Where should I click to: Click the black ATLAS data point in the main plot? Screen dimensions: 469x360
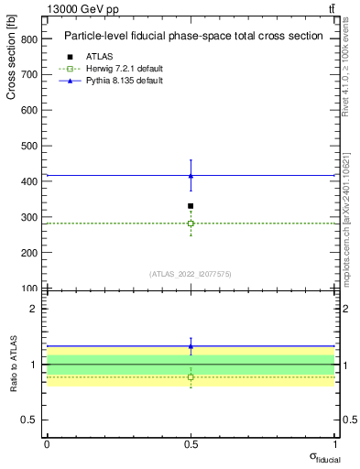point(191,206)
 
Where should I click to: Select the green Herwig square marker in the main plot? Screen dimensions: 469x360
point(191,224)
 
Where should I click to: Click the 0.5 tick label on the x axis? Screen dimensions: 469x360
point(191,443)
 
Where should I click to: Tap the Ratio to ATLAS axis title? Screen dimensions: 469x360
point(12,365)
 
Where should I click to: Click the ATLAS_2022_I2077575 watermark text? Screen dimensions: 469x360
point(191,273)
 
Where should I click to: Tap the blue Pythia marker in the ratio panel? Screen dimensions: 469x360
point(191,346)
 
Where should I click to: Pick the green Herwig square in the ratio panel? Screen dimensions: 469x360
point(191,376)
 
